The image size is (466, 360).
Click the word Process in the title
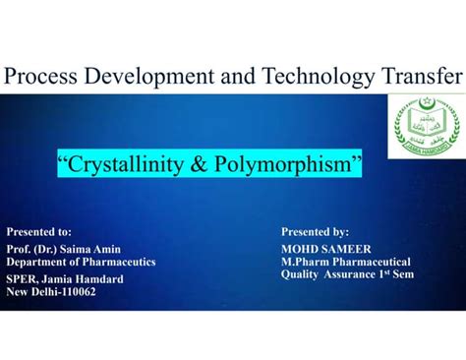pos(46,75)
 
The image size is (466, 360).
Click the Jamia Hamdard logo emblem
pos(427,126)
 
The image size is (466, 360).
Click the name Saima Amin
pos(95,250)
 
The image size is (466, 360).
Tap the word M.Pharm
pos(307,263)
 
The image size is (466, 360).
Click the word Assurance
pos(351,275)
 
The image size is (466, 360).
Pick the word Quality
pos(301,275)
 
